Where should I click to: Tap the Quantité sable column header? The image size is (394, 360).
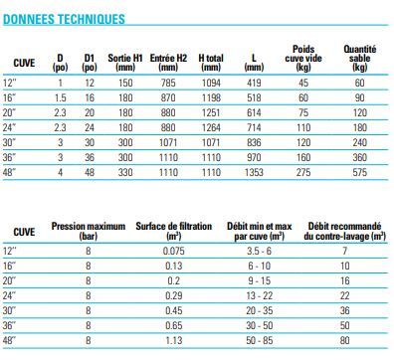pyautogui.click(x=359, y=57)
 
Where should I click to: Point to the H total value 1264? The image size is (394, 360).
pyautogui.click(x=210, y=127)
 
